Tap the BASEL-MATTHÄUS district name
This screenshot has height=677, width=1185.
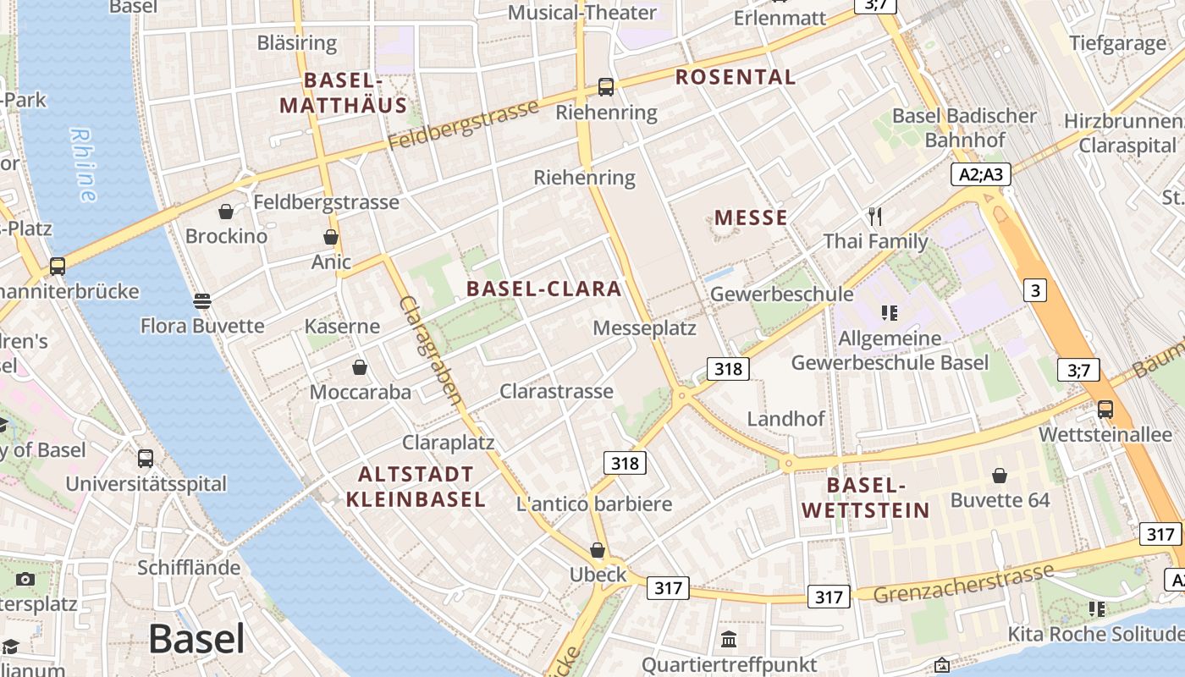point(343,93)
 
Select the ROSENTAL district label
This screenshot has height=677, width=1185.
point(736,77)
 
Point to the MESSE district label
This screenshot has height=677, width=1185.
point(751,217)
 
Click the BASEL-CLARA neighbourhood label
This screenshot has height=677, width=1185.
point(544,289)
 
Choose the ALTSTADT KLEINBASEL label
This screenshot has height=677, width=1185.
point(416,486)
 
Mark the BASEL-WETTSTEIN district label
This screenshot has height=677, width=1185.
point(865,498)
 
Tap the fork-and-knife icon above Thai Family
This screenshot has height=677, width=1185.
point(875,217)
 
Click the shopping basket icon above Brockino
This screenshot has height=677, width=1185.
point(226,212)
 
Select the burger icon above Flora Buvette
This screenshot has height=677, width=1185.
point(201,300)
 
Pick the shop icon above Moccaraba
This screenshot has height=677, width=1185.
point(360,367)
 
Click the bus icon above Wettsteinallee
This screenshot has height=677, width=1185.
point(1105,410)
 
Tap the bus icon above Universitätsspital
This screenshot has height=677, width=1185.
point(146,459)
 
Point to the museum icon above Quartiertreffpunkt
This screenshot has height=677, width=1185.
point(729,639)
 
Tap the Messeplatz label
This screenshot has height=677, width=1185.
point(644,328)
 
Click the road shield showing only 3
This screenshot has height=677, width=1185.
point(1034,290)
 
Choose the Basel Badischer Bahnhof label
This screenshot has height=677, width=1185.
point(964,128)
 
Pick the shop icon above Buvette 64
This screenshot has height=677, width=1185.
point(1000,475)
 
